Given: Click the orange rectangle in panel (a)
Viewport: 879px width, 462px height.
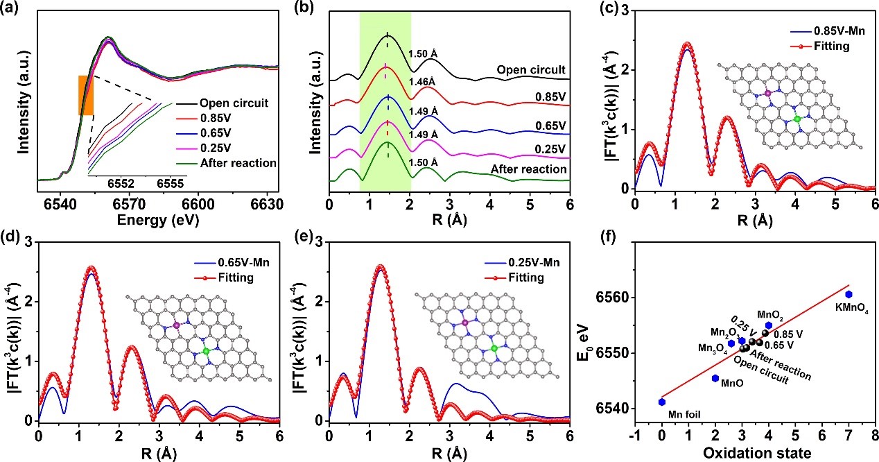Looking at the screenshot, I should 86,95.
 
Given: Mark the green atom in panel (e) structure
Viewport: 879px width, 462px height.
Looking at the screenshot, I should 494,348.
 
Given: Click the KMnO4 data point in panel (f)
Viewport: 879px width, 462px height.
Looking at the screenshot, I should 848,294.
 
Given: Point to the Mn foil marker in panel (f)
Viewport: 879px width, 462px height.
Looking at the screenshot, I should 662,402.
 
